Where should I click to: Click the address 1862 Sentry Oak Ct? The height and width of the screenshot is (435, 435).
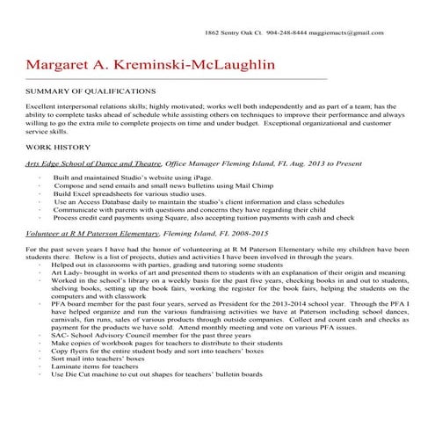[x=231, y=33]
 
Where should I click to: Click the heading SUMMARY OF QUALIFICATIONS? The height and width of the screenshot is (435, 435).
[x=91, y=91]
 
